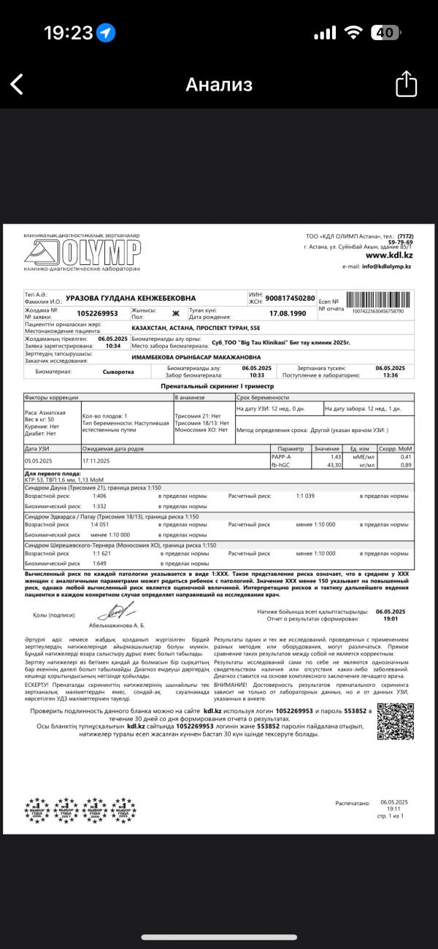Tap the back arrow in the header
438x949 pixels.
[x=17, y=84]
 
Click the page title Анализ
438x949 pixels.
[x=219, y=84]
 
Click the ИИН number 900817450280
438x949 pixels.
[x=291, y=299]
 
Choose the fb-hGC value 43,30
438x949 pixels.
[x=334, y=464]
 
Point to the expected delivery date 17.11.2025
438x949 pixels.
[x=96, y=460]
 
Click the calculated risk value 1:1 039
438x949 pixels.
[x=305, y=496]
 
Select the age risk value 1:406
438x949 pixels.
[x=99, y=496]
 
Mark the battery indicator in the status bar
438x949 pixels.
[x=385, y=33]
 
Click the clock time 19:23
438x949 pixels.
[x=68, y=33]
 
